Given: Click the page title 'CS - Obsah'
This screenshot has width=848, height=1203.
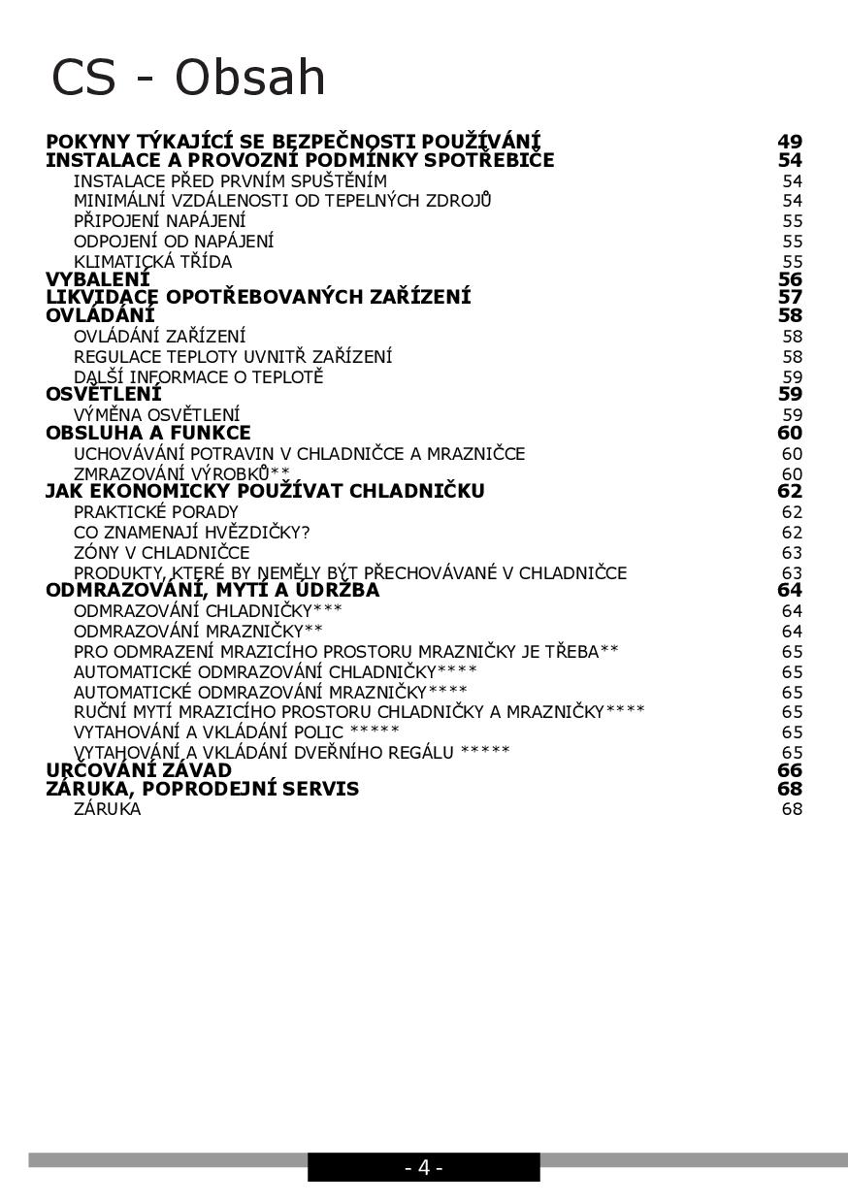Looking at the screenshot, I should (188, 78).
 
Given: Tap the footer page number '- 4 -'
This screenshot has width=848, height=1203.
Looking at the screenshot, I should (423, 1167).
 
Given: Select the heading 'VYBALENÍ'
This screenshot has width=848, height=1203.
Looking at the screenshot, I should (98, 279).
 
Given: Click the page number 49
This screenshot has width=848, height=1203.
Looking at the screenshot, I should (790, 142).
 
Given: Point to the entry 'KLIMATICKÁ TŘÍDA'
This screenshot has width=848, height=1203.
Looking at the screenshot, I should (152, 262).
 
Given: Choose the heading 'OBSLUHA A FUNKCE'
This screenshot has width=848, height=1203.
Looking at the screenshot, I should (148, 433).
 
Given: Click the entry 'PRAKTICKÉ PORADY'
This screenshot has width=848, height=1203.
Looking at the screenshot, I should (155, 512).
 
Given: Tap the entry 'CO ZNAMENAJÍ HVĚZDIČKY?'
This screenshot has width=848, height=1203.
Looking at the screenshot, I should (191, 533).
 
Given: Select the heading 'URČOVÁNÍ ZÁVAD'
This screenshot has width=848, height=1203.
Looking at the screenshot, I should (139, 770).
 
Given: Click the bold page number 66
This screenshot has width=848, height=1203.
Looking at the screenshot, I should (790, 770).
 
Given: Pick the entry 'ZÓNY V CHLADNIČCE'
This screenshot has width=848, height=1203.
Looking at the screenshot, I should (161, 553).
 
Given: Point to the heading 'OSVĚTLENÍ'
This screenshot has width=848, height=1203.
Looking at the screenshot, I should (104, 394).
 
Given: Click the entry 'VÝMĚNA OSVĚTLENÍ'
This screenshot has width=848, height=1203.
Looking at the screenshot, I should (156, 415).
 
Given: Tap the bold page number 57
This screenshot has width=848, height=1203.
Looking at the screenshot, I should (790, 297).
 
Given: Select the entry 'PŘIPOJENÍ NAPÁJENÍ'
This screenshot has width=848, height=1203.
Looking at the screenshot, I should (159, 221).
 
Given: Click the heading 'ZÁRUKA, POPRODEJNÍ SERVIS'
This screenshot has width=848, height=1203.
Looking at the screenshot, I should (202, 789).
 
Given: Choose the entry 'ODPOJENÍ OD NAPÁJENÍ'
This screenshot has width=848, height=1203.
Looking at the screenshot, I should (174, 241).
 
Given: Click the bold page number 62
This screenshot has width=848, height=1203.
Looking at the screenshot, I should (790, 491).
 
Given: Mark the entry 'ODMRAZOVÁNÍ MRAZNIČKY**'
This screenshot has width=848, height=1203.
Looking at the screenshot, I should (198, 632).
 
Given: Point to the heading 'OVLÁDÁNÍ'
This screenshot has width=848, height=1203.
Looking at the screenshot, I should (100, 315).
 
